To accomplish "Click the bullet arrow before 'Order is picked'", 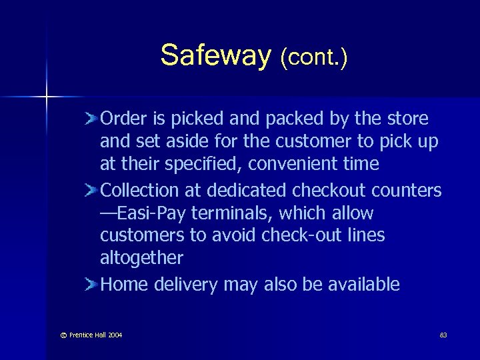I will [92, 119].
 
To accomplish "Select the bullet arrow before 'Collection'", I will [92, 191].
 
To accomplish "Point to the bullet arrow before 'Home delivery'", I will [92, 285].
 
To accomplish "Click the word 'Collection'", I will [140, 191].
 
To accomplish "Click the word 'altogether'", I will [141, 258].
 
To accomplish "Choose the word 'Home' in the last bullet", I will [125, 285].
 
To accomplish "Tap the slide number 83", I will [443, 335].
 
